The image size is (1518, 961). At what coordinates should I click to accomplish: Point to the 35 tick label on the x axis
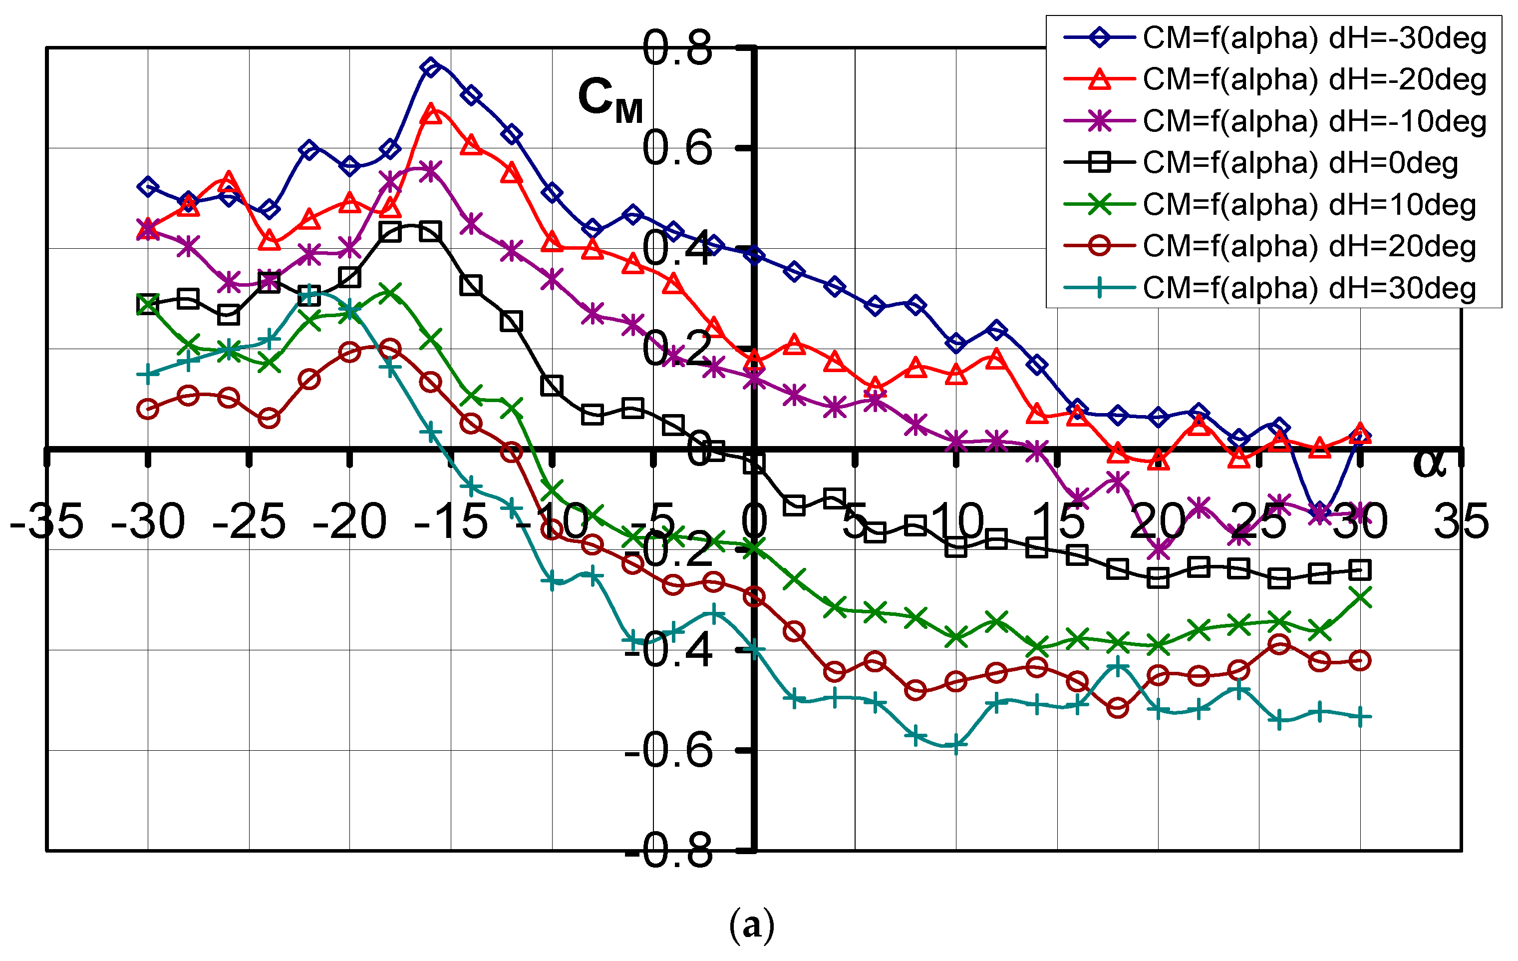pos(1461,521)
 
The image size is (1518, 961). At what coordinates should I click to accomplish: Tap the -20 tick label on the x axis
pos(349,521)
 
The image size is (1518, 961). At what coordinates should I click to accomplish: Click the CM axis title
pos(609,99)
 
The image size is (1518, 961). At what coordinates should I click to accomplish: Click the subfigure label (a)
pos(751,925)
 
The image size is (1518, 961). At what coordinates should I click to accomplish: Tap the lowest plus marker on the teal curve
pos(956,745)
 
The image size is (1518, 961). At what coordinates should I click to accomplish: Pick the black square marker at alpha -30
pos(148,305)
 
